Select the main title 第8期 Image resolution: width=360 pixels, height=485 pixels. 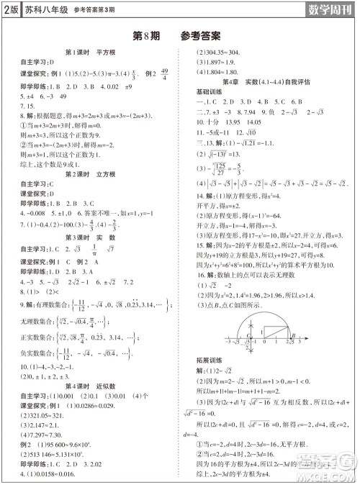click(x=147, y=35)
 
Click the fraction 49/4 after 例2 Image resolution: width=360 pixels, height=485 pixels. click(x=164, y=74)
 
